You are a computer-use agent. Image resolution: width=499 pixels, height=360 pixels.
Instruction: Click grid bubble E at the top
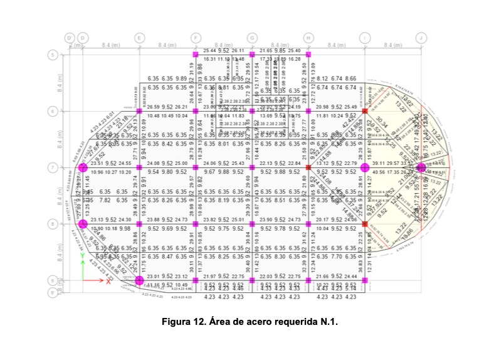coord(139,38)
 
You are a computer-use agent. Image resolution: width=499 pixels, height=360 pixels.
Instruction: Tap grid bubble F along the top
coord(196,38)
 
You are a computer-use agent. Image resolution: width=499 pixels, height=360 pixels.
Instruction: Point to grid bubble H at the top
coord(308,38)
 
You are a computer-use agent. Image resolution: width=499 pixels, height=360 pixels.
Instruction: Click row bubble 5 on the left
coord(53,55)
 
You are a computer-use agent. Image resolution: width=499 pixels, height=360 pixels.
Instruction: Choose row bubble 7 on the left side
coord(53,167)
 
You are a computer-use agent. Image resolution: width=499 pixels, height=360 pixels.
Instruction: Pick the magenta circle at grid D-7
coord(83,167)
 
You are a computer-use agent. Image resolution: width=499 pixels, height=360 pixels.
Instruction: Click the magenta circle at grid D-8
coord(83,223)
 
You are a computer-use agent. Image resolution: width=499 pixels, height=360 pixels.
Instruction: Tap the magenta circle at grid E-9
coord(139,280)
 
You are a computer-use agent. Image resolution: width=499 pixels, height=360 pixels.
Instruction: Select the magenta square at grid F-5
coord(196,55)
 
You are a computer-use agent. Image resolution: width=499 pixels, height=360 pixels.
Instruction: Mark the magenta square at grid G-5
coord(252,55)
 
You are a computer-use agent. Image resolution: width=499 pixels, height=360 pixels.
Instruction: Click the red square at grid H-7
coord(308,167)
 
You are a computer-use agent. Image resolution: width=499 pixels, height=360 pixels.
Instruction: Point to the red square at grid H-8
coord(308,223)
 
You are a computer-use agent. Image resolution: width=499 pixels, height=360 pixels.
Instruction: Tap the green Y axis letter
coord(82,256)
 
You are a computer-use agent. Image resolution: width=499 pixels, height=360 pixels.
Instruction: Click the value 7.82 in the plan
coord(104,200)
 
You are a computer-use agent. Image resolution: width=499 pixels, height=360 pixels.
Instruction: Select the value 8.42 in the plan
coord(166,144)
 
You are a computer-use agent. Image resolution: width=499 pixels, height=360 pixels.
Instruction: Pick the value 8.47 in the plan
coord(166,257)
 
